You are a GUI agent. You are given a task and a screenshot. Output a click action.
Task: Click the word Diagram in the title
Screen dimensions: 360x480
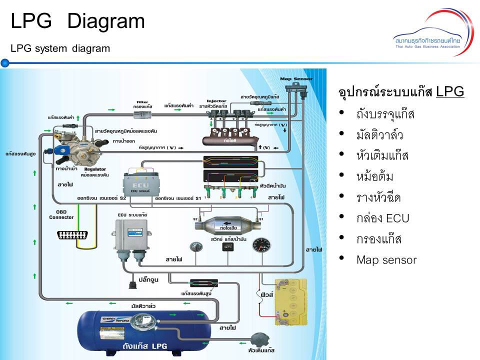click(105, 21)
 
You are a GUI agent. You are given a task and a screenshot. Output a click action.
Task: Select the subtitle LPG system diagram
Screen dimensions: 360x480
click(60, 48)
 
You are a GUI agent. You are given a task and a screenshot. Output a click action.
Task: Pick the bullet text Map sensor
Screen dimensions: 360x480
click(386, 260)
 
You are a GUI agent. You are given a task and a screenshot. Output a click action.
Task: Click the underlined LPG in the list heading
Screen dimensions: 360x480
click(450, 92)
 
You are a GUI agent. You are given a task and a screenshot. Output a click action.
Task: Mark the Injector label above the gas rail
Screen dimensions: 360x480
click(216, 100)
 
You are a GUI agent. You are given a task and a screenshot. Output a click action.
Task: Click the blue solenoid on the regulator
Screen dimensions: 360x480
click(62, 150)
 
